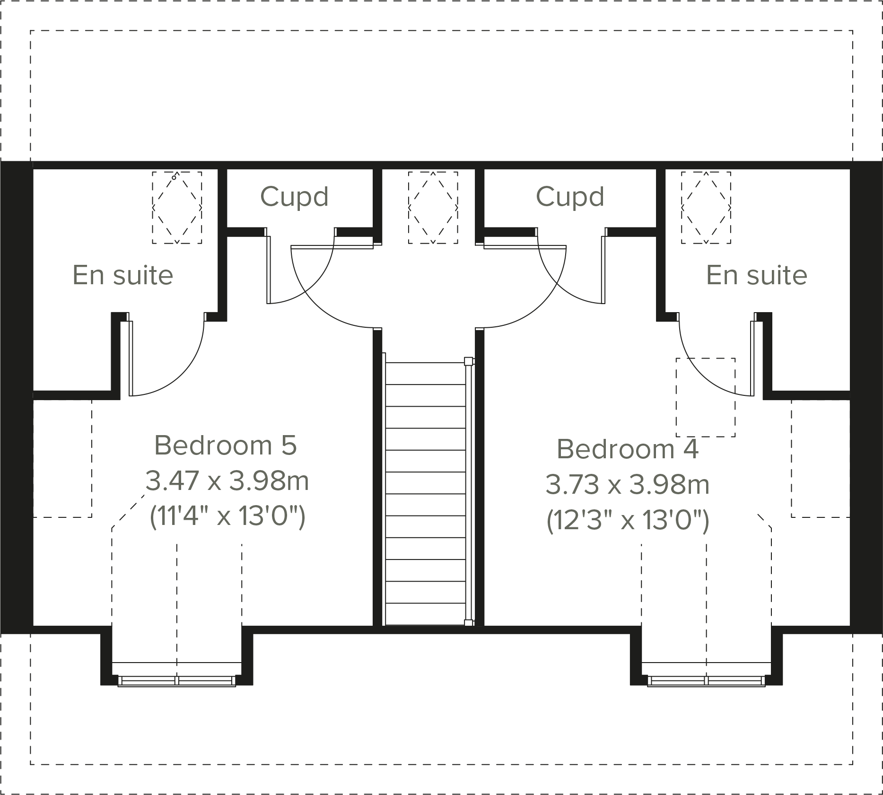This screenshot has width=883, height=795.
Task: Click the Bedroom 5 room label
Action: pyautogui.click(x=225, y=446)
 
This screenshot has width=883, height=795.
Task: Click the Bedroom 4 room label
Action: pyautogui.click(x=627, y=449)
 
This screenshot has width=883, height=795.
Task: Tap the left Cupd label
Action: pyautogui.click(x=294, y=197)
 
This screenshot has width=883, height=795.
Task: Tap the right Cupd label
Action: pyautogui.click(x=570, y=197)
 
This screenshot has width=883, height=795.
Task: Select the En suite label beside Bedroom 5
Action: pyautogui.click(x=123, y=275)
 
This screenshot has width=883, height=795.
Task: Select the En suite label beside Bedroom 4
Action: pyautogui.click(x=756, y=275)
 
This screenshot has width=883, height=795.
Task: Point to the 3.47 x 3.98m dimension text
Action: pyautogui.click(x=227, y=481)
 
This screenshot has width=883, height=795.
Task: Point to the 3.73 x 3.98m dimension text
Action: pyautogui.click(x=627, y=485)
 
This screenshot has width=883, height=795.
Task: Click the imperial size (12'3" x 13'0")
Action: pyautogui.click(x=627, y=521)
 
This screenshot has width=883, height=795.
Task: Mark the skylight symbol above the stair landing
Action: pyautogui.click(x=433, y=208)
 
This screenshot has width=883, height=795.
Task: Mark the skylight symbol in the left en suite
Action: pyautogui.click(x=177, y=208)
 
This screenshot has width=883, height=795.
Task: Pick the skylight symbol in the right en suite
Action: pyautogui.click(x=706, y=208)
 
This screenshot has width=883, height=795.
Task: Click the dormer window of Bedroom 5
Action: pyautogui.click(x=177, y=681)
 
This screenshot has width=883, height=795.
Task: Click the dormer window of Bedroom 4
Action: pyautogui.click(x=706, y=681)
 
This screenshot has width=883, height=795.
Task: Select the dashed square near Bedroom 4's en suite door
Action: pyautogui.click(x=705, y=397)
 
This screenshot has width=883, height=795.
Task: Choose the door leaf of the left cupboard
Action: pyautogui.click(x=269, y=270)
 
